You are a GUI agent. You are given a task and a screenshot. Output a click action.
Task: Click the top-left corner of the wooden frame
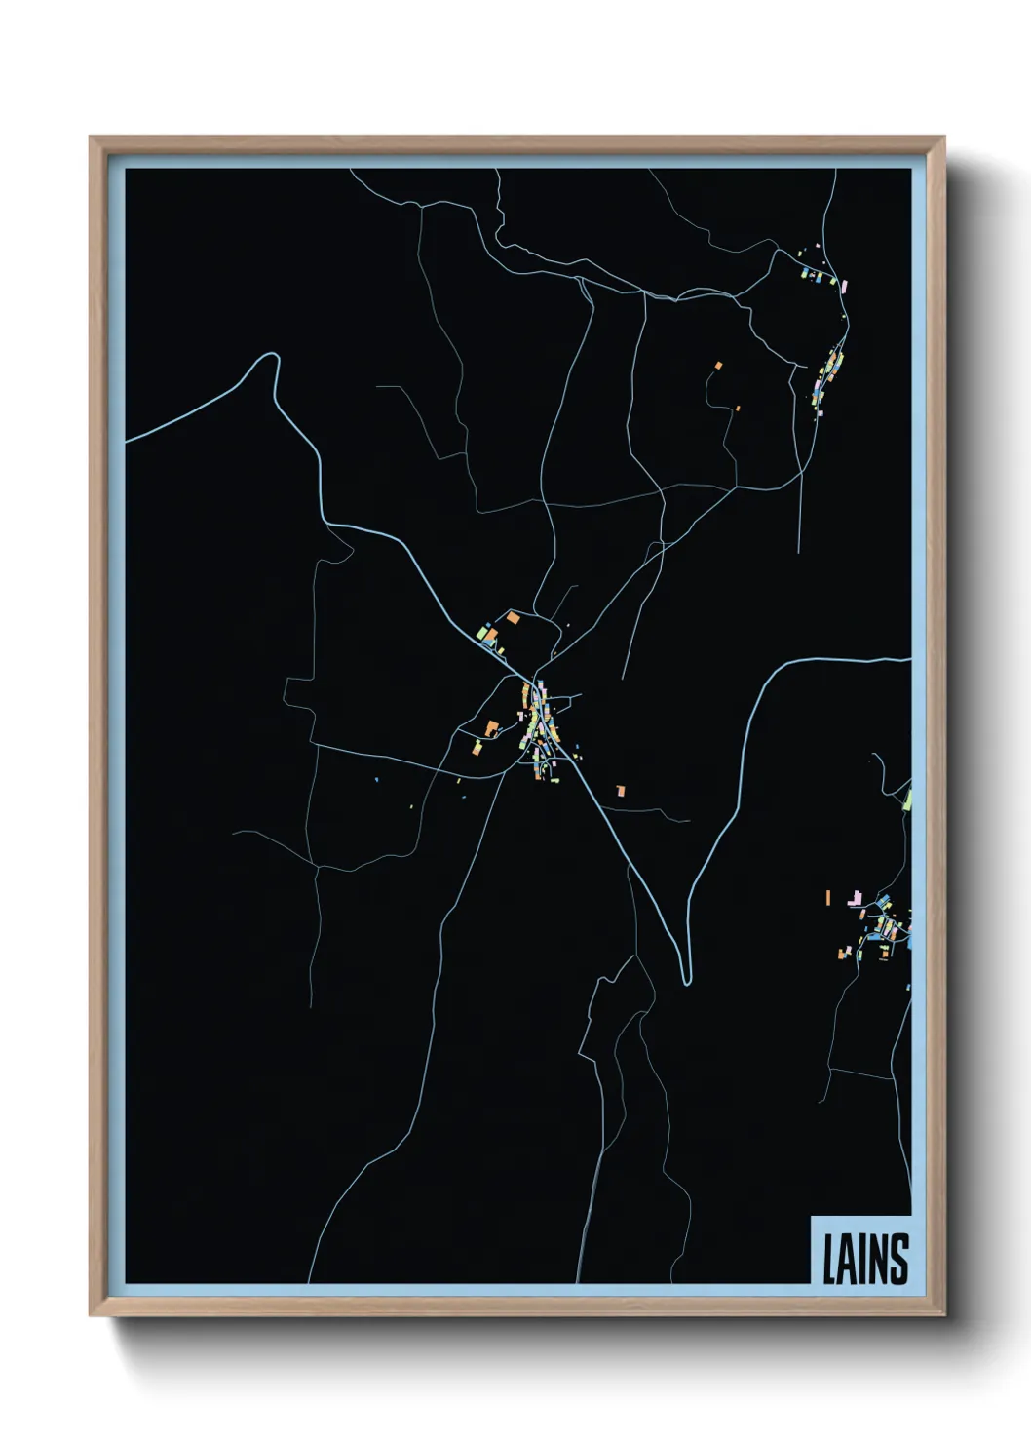click(91, 136)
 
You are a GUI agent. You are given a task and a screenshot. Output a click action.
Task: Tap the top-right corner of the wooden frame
click(943, 136)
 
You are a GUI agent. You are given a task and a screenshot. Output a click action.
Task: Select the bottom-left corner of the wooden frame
click(91, 1315)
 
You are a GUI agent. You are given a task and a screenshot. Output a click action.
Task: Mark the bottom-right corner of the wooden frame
click(943, 1315)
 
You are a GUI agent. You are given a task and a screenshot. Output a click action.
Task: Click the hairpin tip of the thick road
click(687, 981)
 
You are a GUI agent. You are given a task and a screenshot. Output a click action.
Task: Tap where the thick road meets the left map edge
click(127, 441)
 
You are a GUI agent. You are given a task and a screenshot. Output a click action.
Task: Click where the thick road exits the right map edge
click(910, 660)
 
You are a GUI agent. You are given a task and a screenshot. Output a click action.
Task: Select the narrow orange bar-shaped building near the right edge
click(827, 897)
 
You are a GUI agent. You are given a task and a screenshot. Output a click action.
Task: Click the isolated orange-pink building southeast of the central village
click(619, 791)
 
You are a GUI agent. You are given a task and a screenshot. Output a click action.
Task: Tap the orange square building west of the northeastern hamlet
click(719, 366)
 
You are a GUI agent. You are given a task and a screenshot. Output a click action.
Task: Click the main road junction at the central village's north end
click(536, 679)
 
